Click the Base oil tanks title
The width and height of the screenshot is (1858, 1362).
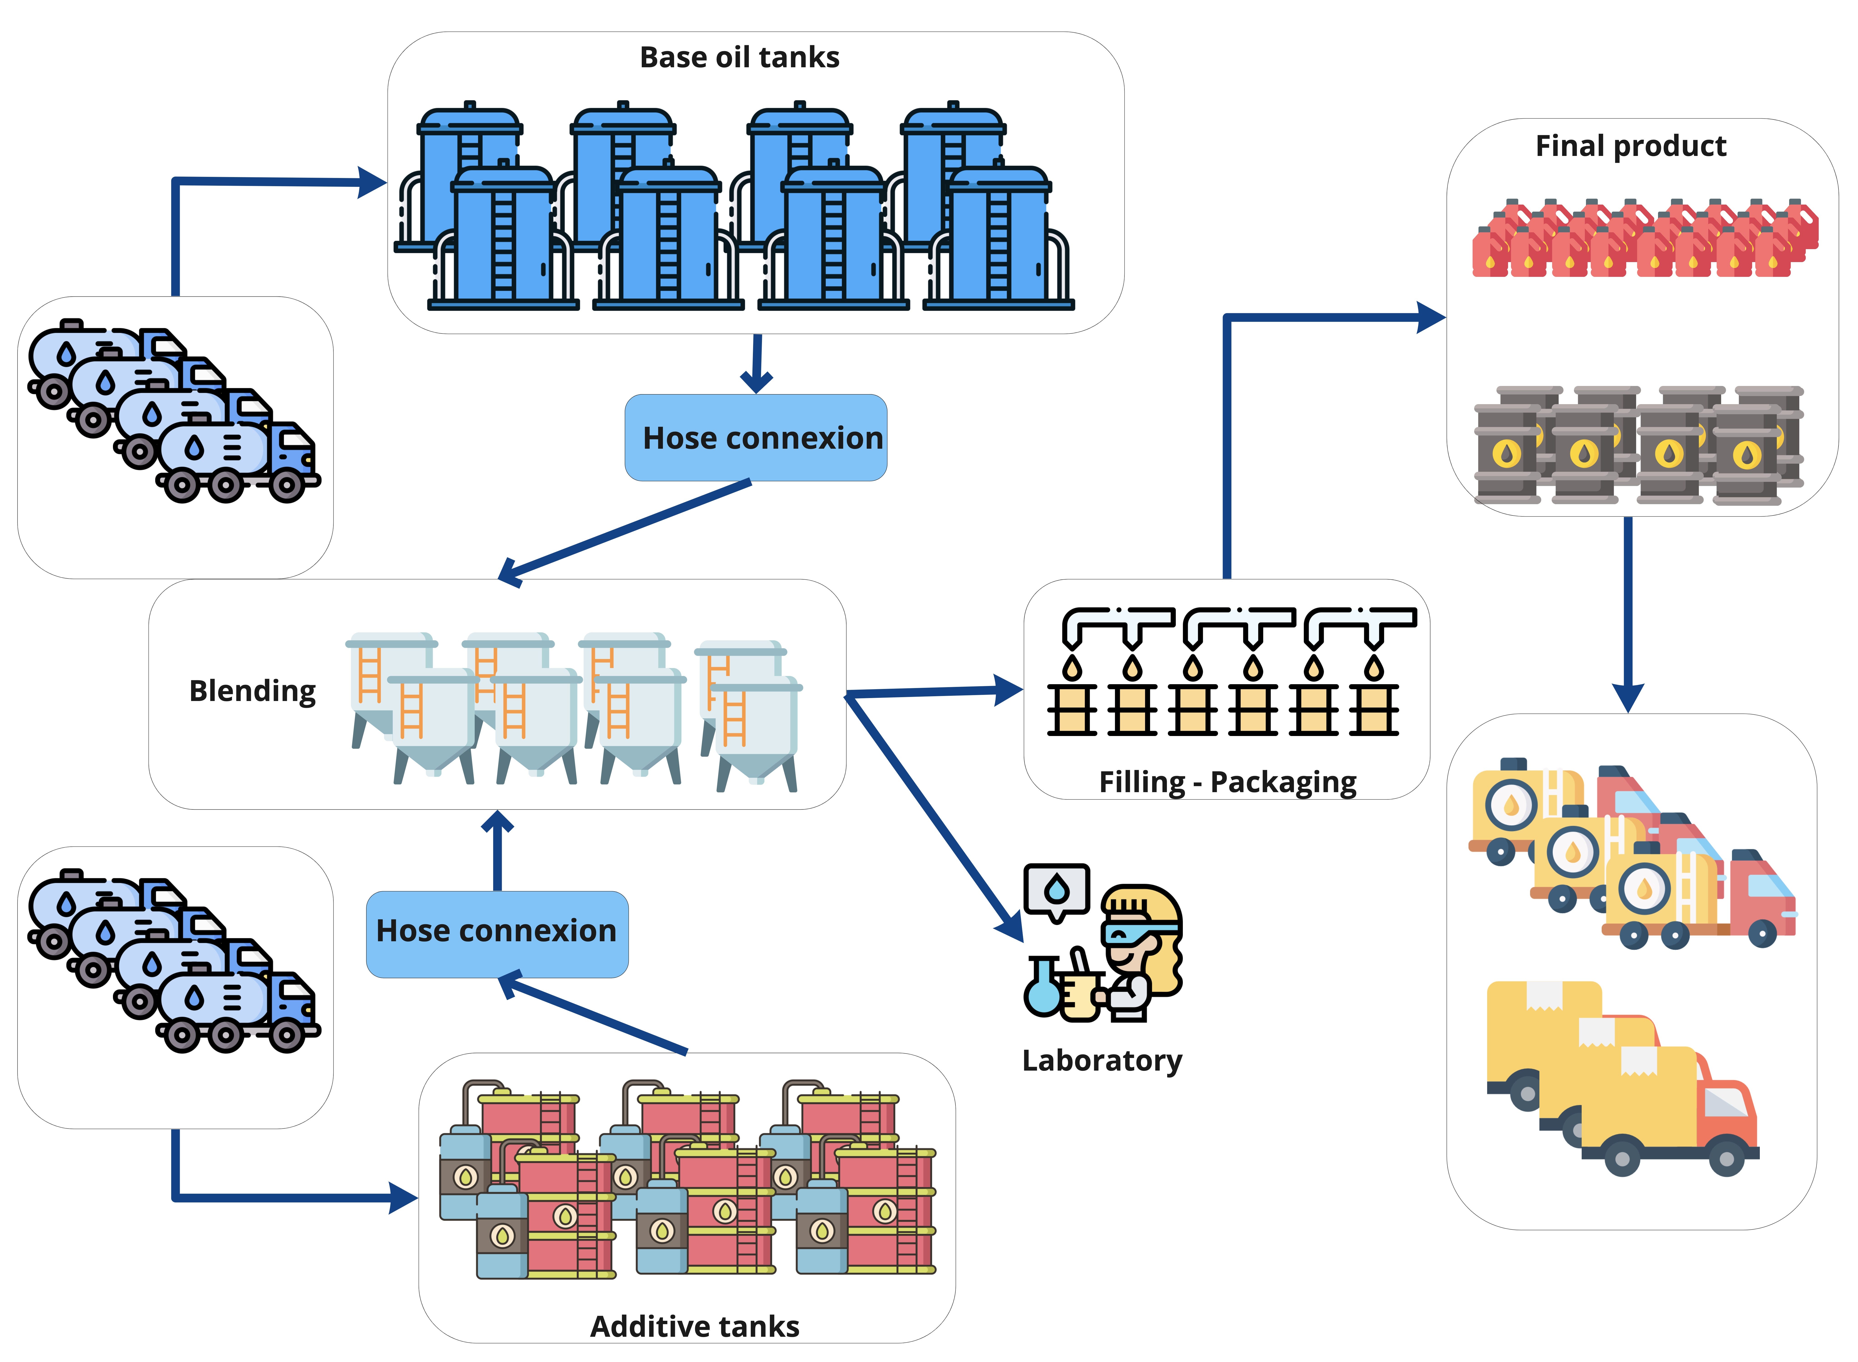(739, 58)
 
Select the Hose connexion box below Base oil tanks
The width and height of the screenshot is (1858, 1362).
(756, 438)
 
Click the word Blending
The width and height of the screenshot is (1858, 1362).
(252, 691)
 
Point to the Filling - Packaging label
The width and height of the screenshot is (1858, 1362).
(1227, 782)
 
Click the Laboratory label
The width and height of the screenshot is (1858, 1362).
(1102, 1060)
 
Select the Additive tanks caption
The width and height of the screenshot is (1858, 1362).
(695, 1327)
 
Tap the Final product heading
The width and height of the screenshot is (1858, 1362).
(1631, 146)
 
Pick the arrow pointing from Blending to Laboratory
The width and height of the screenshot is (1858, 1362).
(931, 816)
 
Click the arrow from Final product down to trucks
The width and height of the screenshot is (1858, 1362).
(1628, 610)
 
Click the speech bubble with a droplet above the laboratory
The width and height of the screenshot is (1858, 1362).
(1057, 890)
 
